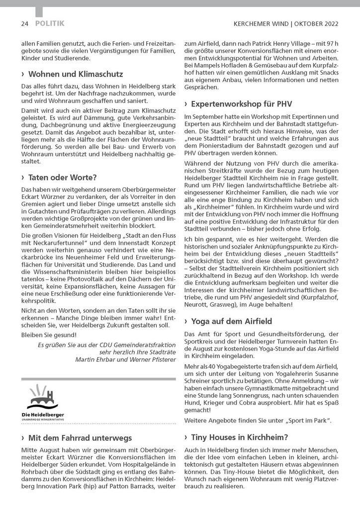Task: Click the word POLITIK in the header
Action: pos(50,23)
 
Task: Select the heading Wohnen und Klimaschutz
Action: pos(76,74)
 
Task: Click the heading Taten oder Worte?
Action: pos(63,177)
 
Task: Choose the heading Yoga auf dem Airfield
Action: pos(231,321)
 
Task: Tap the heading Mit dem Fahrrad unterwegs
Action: pos(80,437)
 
